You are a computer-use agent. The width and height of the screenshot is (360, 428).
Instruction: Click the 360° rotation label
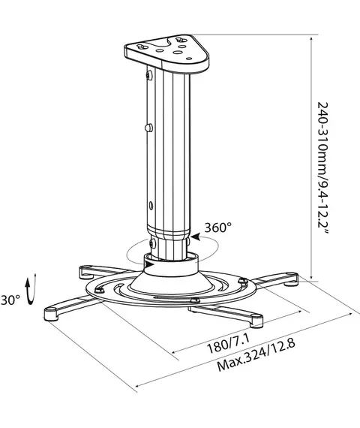tap(218, 228)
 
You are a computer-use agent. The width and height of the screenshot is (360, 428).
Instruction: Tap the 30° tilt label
tap(10, 300)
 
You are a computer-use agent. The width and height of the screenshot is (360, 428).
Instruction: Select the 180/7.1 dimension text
tap(229, 343)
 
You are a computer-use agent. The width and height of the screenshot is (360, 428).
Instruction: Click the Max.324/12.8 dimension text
tap(256, 355)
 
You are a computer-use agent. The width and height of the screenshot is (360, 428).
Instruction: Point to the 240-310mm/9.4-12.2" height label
tap(324, 168)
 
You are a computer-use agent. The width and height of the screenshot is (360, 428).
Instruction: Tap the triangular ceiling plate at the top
tap(167, 53)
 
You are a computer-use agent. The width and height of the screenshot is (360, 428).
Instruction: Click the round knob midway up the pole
tap(148, 128)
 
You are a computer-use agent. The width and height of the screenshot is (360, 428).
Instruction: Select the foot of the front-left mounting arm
tap(51, 314)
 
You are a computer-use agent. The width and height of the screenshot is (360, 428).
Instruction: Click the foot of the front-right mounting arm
tap(256, 321)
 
